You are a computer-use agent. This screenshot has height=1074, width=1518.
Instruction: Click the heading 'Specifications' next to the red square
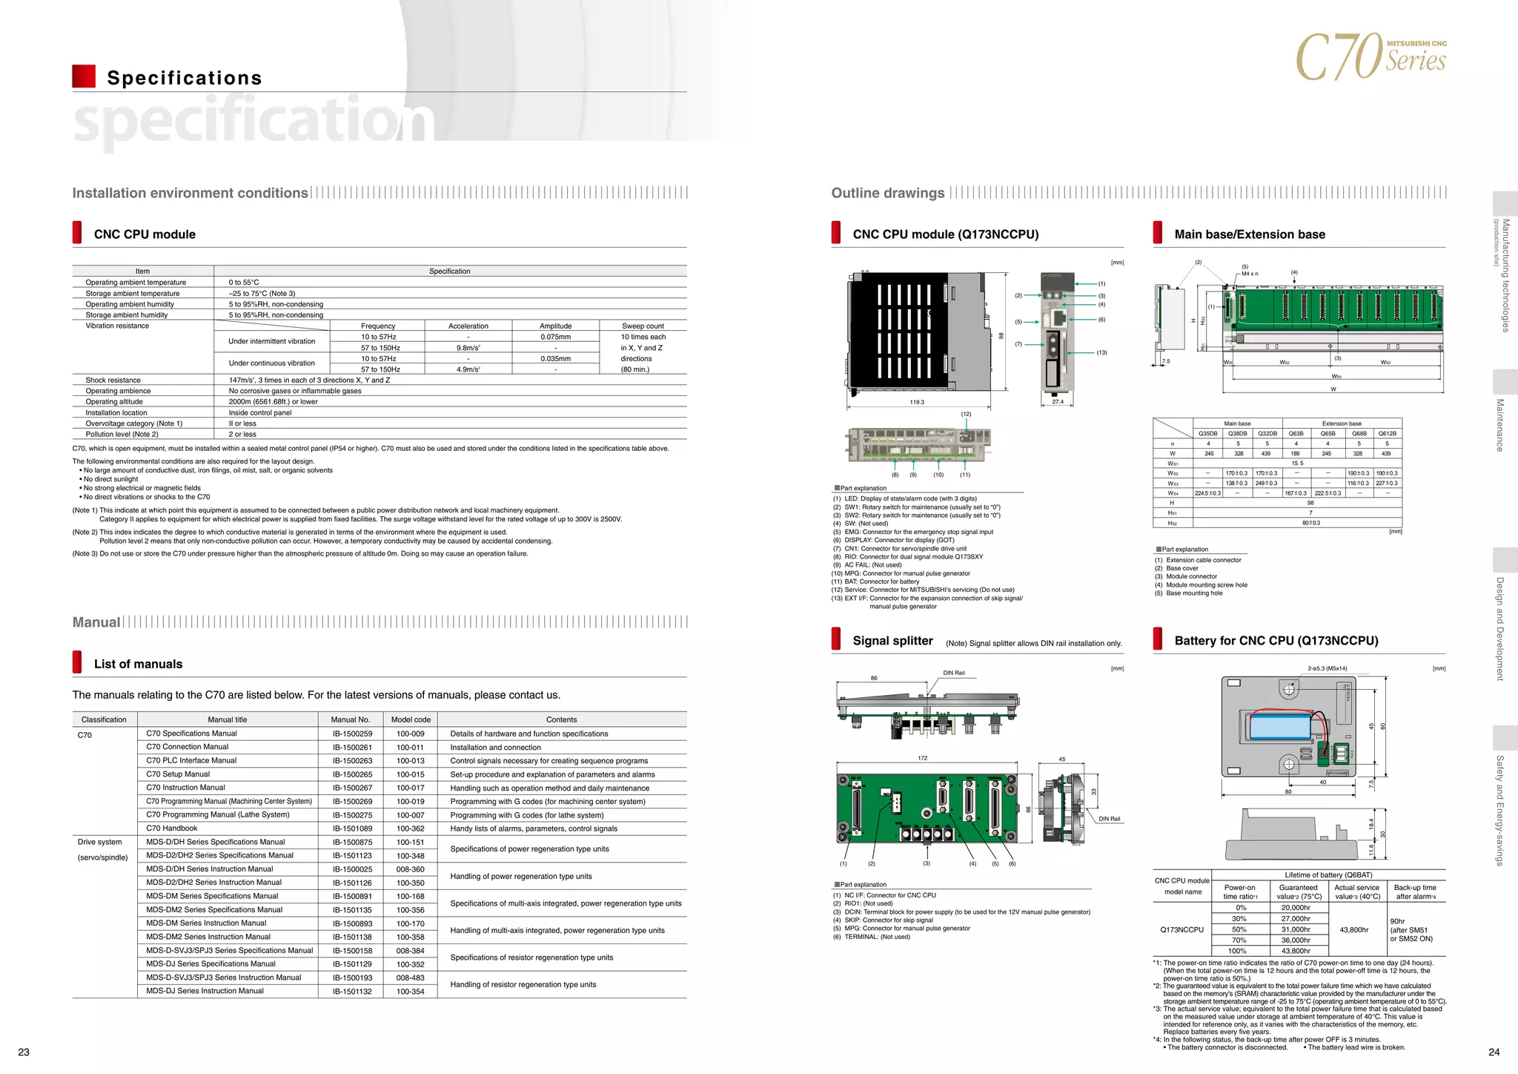tap(185, 78)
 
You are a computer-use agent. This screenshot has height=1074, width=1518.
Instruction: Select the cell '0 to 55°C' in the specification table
tap(244, 283)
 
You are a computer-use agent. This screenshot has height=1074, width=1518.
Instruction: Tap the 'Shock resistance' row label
tap(113, 380)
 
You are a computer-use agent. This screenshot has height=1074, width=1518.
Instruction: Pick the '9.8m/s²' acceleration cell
tap(468, 348)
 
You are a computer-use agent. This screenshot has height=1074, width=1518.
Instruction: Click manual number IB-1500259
tap(352, 734)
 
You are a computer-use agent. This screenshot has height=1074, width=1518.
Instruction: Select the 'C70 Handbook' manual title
tap(172, 828)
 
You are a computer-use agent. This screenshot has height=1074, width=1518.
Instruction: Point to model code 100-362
tap(410, 828)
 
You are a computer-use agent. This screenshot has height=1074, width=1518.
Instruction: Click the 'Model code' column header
tap(411, 719)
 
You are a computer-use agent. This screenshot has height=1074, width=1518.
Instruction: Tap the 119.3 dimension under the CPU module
tap(917, 402)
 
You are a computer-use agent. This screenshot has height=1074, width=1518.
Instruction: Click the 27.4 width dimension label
tap(1058, 402)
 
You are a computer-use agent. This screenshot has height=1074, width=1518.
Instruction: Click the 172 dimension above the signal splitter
tap(922, 758)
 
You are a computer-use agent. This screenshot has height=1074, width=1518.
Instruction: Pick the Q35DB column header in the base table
tap(1207, 434)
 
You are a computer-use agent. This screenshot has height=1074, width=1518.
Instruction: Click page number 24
tap(1494, 1052)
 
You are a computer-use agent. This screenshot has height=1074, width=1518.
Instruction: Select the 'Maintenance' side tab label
tap(1500, 425)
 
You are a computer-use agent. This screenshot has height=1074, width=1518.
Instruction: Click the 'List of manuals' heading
tap(138, 664)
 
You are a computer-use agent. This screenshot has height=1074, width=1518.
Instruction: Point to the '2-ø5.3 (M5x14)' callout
tap(1327, 668)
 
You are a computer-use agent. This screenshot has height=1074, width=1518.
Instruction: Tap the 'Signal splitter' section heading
tap(892, 641)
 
